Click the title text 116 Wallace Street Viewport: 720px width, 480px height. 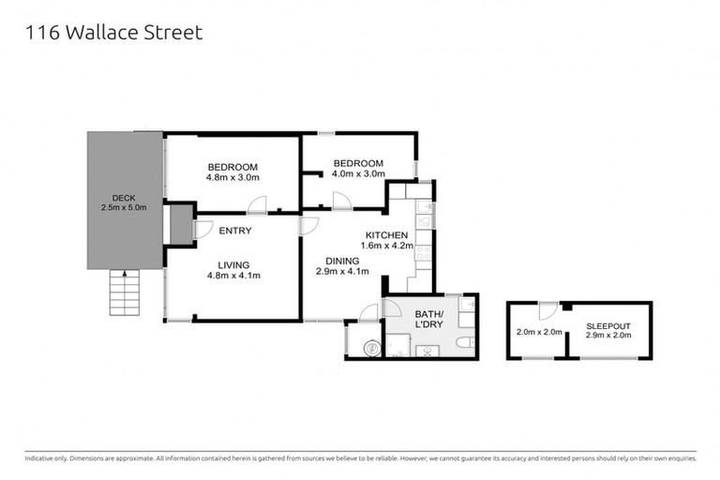[114, 33]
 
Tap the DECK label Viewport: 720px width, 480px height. [124, 197]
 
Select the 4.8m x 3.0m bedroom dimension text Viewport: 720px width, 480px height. [232, 177]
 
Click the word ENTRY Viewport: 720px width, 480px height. [234, 231]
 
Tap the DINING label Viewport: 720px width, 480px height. [341, 261]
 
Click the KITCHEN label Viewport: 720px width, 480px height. [386, 234]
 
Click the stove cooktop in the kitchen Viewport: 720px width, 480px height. [423, 251]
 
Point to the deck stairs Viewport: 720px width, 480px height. [124, 292]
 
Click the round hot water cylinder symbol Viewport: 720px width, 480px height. [371, 347]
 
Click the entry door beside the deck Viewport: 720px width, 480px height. [200, 229]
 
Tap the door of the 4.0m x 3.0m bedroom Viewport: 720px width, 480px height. [339, 200]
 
